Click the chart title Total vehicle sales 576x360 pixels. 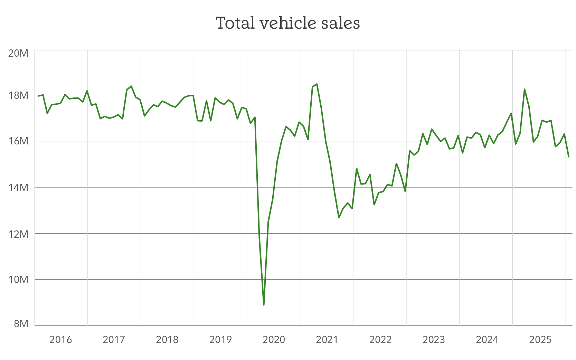[288, 23]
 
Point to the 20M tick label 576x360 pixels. [18, 53]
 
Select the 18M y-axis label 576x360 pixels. [18, 95]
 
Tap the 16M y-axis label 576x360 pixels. [18, 141]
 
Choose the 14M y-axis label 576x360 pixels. [18, 188]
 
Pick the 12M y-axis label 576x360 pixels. [18, 234]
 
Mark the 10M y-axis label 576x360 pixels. [18, 279]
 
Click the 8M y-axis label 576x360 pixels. [21, 324]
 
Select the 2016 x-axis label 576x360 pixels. [61, 340]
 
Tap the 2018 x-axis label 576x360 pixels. [167, 340]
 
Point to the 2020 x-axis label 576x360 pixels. [274, 340]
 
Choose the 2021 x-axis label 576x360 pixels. [327, 340]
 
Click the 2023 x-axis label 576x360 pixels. [434, 340]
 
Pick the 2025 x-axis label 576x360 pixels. [540, 340]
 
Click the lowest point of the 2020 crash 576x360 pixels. [264, 305]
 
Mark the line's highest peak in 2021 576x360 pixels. [317, 84]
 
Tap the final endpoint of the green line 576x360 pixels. [568, 157]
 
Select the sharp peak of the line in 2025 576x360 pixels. [525, 89]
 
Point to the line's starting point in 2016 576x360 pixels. [38, 96]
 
